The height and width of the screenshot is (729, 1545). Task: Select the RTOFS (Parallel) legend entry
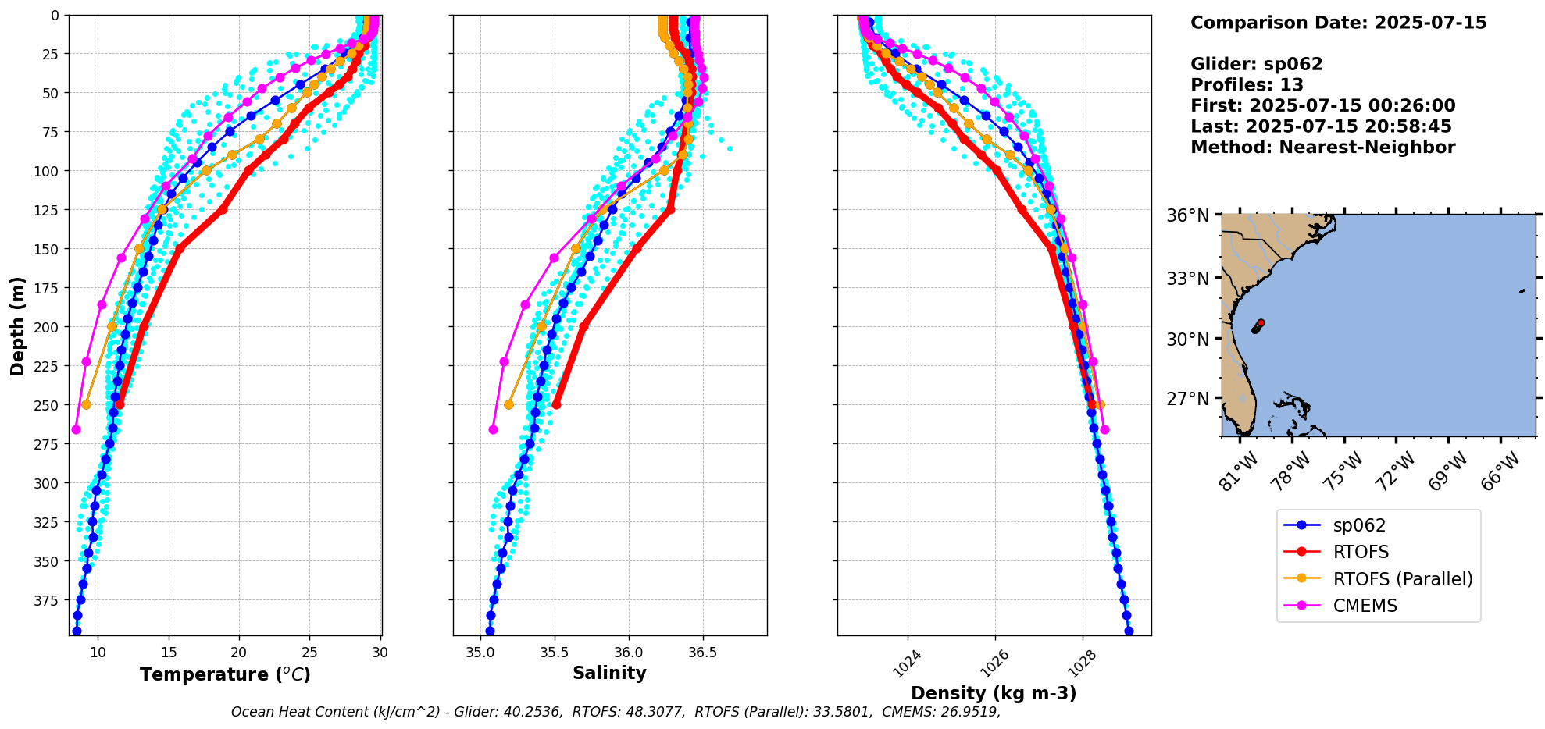(1402, 578)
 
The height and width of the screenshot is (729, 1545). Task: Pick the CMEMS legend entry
(1365, 606)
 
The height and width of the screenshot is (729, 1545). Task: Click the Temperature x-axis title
(225, 674)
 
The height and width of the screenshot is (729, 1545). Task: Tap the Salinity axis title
(609, 673)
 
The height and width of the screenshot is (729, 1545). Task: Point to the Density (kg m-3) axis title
(994, 693)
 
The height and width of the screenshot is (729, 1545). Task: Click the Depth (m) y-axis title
(17, 325)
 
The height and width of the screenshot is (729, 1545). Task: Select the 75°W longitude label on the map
(1343, 471)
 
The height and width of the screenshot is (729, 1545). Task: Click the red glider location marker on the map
(1261, 322)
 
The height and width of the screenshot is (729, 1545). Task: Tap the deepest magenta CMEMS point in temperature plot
(76, 429)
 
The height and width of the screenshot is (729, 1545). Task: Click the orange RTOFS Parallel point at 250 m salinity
(508, 404)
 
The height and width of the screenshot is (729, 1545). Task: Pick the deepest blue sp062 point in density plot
(1129, 631)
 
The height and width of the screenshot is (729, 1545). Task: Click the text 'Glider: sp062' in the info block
(1256, 64)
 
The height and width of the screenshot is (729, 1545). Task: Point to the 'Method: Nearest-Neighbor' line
(1322, 148)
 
